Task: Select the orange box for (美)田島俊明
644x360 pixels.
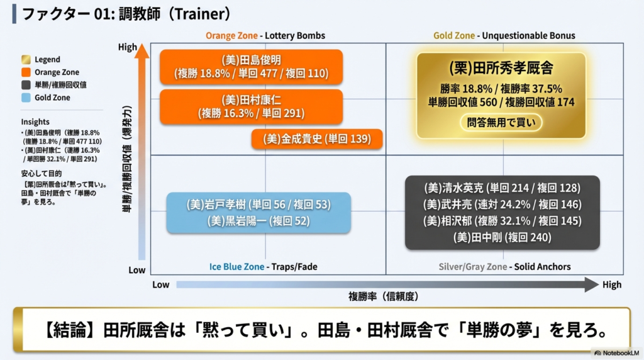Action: pos(251,67)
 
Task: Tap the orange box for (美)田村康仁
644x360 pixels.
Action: pos(251,106)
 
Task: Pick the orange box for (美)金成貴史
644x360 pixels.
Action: pos(316,139)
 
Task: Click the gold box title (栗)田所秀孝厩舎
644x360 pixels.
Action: pos(501,68)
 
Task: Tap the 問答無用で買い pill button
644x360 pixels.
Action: pos(501,122)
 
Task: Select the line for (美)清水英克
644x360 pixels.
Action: pos(502,188)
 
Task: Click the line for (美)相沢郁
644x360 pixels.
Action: pos(502,221)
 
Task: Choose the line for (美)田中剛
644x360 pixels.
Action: pos(502,237)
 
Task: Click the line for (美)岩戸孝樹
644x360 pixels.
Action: pos(258,205)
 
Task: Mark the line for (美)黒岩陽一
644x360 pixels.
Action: pos(258,221)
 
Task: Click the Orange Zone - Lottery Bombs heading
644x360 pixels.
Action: pos(265,36)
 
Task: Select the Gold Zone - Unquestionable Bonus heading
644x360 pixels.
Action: pos(504,36)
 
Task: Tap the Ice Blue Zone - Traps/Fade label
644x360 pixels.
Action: pos(263,267)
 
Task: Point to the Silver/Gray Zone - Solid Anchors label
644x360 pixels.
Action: pos(504,267)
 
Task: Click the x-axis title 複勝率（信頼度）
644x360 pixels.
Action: pos(383,296)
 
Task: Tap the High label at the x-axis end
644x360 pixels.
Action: pos(611,284)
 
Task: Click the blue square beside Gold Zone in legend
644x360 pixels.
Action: pos(26,98)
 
